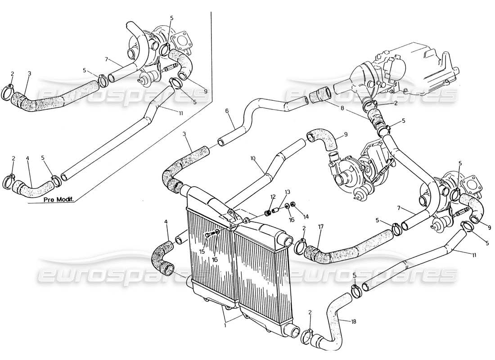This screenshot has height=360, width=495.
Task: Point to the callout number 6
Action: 227,111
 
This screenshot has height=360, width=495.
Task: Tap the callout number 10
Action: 252,159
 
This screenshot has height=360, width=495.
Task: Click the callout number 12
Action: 273,196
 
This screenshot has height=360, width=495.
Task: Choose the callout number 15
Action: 202,251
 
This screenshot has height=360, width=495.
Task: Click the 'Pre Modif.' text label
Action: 59,198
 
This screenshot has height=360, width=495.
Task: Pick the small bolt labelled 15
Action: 208,234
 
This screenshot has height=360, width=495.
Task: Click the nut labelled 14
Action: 293,205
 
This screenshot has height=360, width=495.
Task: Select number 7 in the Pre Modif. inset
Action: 106,58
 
